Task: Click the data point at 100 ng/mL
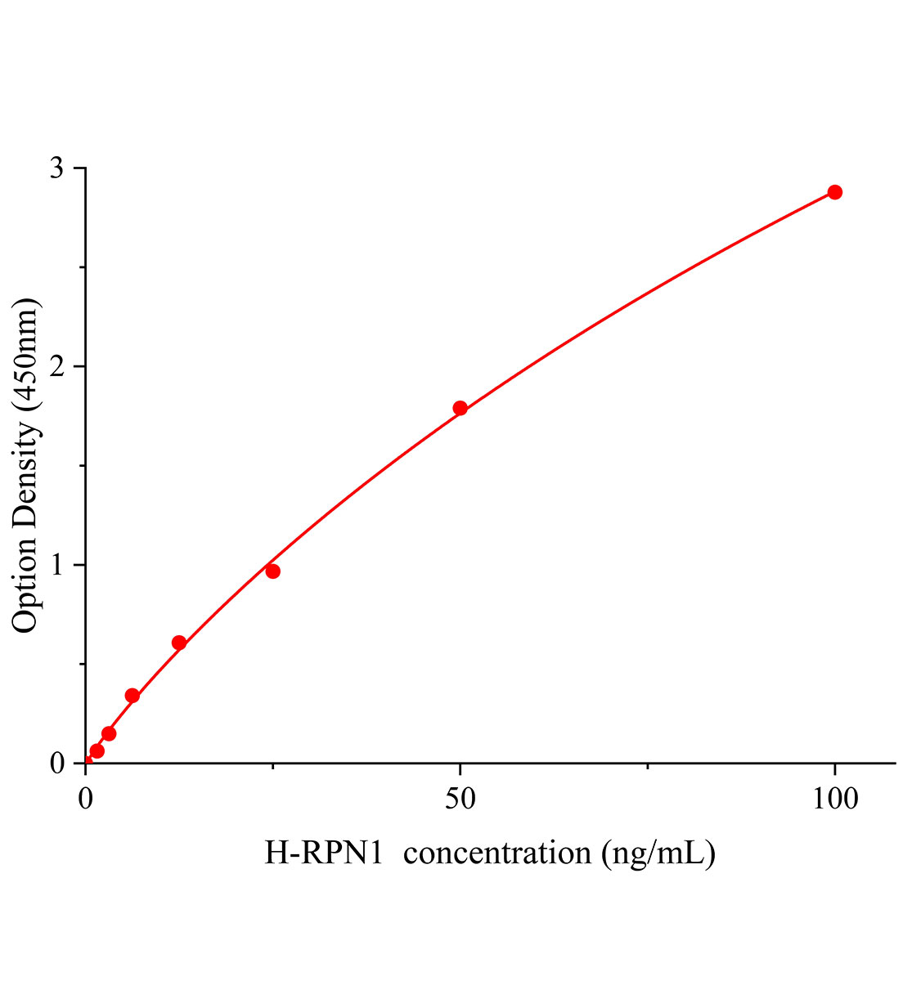click(834, 192)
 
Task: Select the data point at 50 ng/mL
click(460, 408)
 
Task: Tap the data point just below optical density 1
click(272, 571)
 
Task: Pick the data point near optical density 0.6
click(179, 643)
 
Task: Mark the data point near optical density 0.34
click(132, 696)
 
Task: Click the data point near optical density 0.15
click(109, 733)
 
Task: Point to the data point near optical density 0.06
click(97, 750)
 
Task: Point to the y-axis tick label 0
click(56, 764)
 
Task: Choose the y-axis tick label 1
click(56, 565)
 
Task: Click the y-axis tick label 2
click(56, 366)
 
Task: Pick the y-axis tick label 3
click(56, 168)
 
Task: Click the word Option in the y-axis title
click(26, 584)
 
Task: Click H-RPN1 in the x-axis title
click(324, 853)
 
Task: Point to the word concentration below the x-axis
click(496, 853)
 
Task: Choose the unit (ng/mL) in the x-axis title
click(658, 853)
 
